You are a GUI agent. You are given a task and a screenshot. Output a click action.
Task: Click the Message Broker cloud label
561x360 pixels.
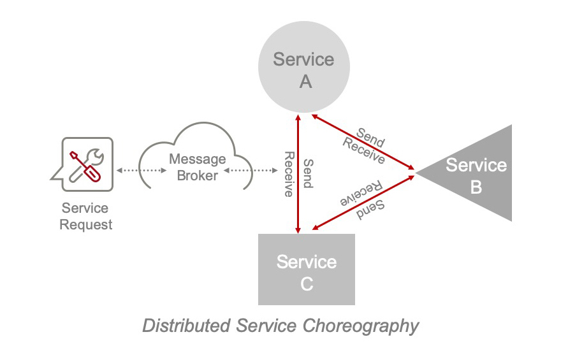198,167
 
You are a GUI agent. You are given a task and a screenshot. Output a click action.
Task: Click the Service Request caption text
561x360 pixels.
85,217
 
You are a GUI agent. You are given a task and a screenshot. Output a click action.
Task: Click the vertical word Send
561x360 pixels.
307,173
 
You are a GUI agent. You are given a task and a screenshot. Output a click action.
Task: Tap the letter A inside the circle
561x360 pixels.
305,81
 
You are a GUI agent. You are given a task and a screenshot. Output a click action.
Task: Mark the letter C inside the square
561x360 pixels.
307,284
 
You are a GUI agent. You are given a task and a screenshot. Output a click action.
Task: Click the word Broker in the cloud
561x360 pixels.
198,175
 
